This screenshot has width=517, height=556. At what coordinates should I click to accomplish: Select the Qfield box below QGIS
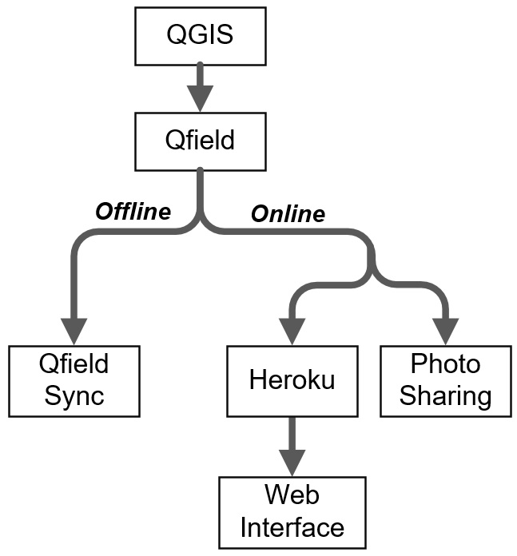point(201,141)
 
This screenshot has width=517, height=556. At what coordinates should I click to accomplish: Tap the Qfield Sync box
point(74,380)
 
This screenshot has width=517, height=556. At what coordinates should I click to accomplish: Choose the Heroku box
point(292,380)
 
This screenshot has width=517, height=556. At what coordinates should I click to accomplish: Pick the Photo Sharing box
point(445,380)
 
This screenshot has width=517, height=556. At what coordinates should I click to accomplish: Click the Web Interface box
point(292,512)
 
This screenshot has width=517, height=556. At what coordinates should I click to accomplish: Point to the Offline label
point(133,212)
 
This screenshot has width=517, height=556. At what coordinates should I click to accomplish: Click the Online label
point(288,214)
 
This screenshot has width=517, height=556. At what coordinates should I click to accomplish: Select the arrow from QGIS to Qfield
point(201,88)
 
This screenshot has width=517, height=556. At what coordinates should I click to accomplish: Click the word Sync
point(74,395)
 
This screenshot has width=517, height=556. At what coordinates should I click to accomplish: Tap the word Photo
point(445,365)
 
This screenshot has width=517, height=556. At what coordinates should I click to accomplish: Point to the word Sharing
point(445,395)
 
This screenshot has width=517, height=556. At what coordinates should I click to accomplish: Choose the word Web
point(292,497)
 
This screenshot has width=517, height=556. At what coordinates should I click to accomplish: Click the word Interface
point(292,527)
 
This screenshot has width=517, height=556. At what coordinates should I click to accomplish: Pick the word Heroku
point(292,380)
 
